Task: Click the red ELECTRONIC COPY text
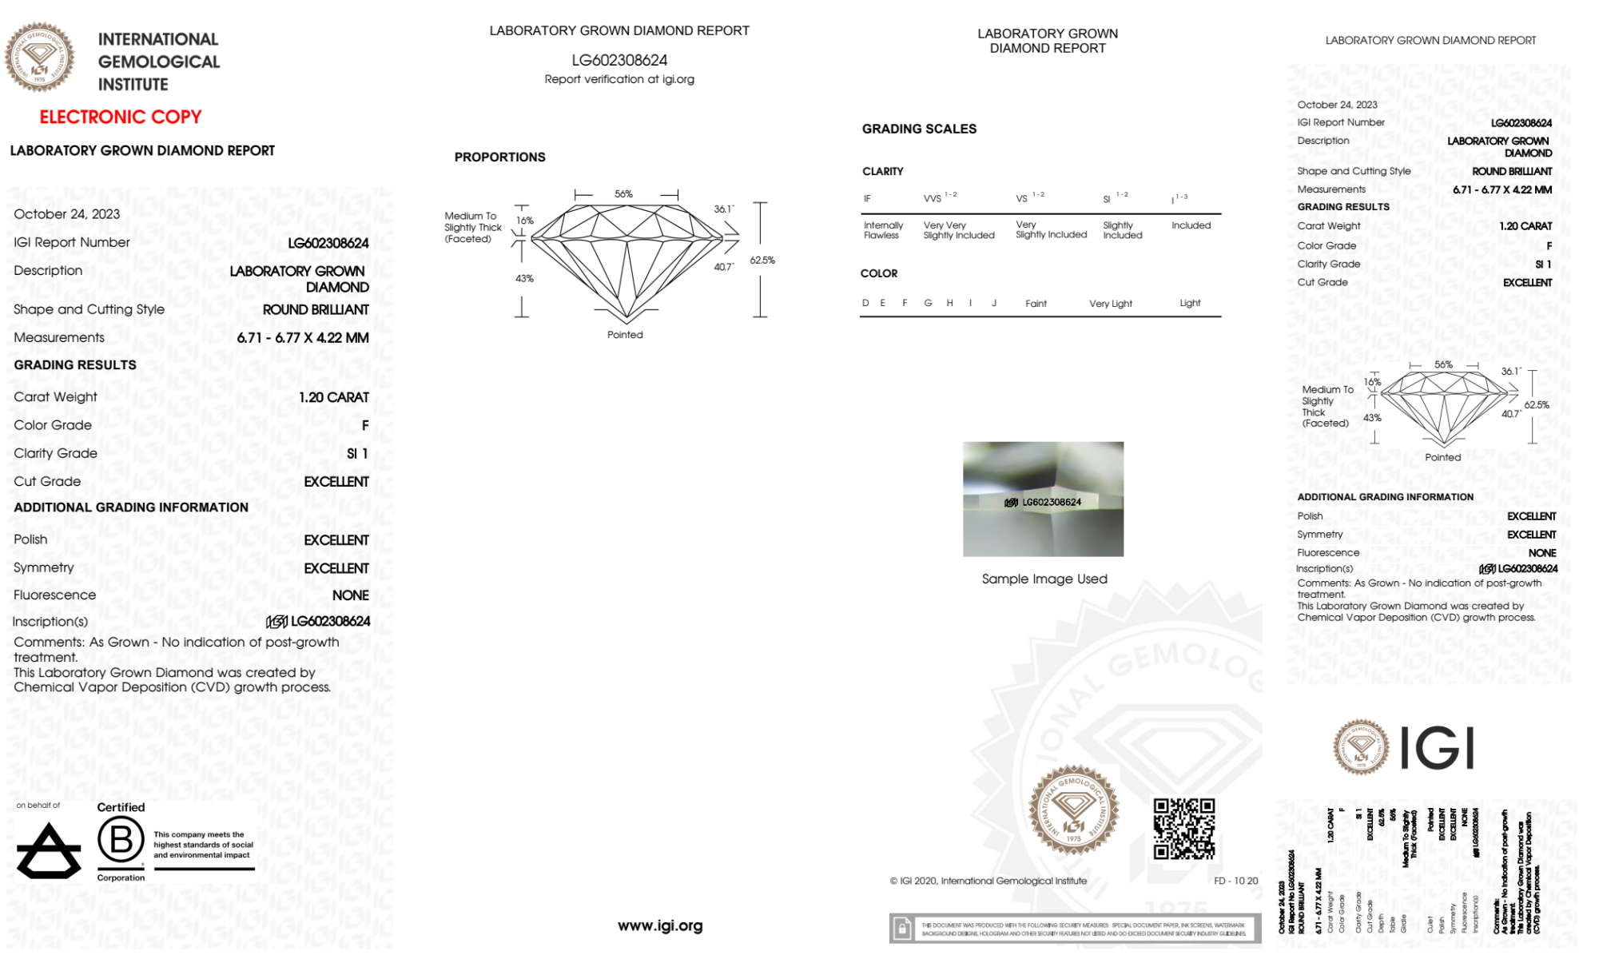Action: pyautogui.click(x=121, y=117)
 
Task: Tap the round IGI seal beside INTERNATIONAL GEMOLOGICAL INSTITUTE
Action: pyautogui.click(x=39, y=58)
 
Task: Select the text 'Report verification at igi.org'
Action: pyautogui.click(x=619, y=79)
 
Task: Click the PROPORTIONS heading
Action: pyautogui.click(x=499, y=157)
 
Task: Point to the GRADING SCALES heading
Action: pyautogui.click(x=919, y=129)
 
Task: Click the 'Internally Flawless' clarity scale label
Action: pyautogui.click(x=883, y=230)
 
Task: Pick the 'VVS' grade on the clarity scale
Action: pyautogui.click(x=933, y=199)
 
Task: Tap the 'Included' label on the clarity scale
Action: pyautogui.click(x=1191, y=225)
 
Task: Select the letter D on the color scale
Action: pyautogui.click(x=865, y=304)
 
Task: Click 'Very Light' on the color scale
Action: pyautogui.click(x=1110, y=304)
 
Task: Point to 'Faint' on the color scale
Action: pyautogui.click(x=1036, y=304)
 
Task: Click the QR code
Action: pyautogui.click(x=1184, y=829)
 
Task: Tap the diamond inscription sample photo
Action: pyautogui.click(x=1043, y=499)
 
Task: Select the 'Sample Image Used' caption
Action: pyautogui.click(x=1044, y=579)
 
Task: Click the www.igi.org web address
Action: pyautogui.click(x=660, y=925)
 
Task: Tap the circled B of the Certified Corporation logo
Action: pyautogui.click(x=121, y=840)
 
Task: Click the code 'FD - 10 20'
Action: pyautogui.click(x=1235, y=881)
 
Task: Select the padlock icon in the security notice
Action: pyautogui.click(x=902, y=929)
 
